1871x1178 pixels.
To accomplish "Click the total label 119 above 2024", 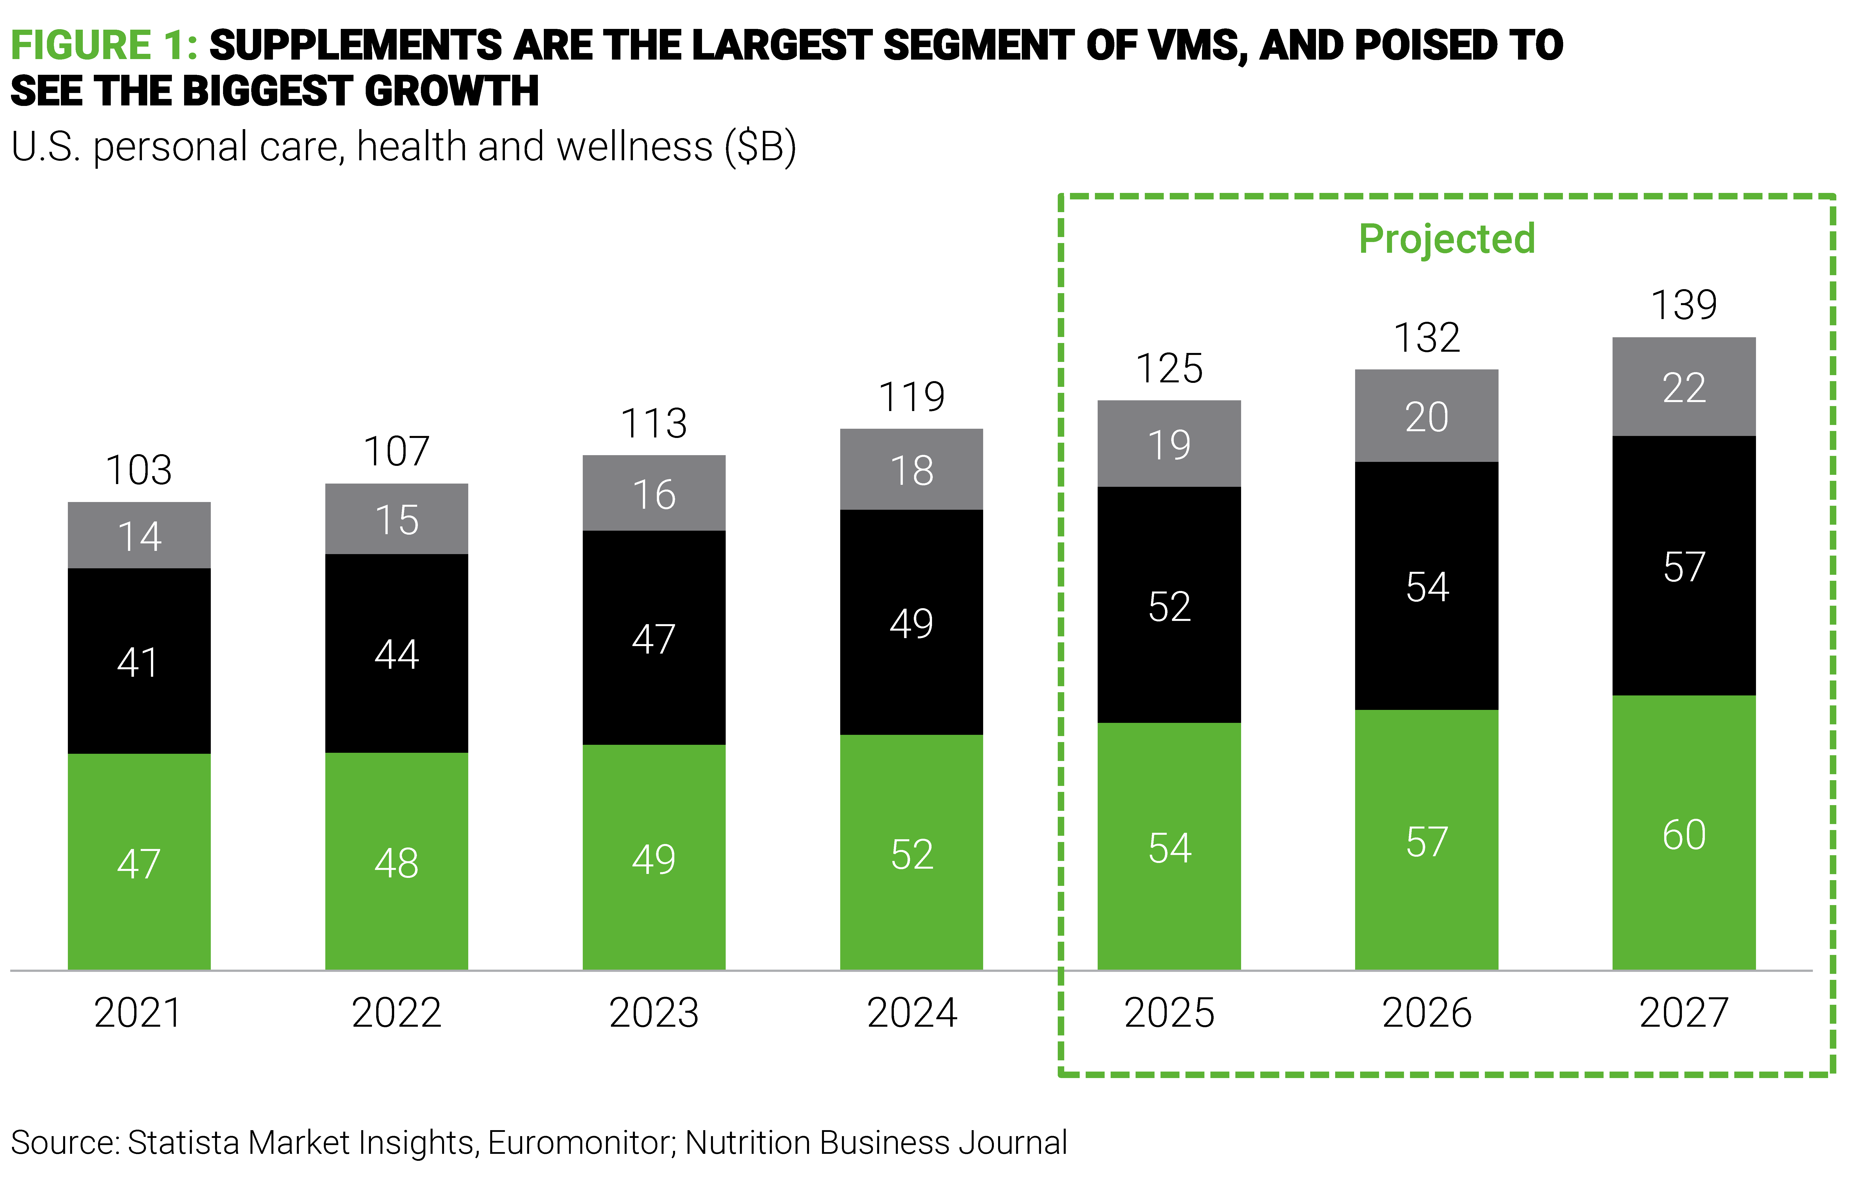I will pyautogui.click(x=911, y=397).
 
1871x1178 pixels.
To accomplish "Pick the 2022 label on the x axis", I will pyautogui.click(x=396, y=1012).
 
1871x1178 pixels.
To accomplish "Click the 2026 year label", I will pyautogui.click(x=1426, y=1012).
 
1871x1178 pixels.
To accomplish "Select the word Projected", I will pyautogui.click(x=1447, y=238).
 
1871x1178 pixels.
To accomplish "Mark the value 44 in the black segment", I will pyautogui.click(x=396, y=654).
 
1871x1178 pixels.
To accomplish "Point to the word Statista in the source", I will pyautogui.click(x=184, y=1142).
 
